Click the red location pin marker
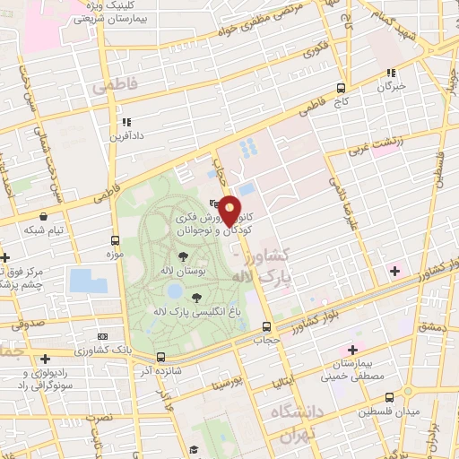[229, 210]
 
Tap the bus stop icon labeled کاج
[340, 88]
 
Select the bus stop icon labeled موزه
[115, 240]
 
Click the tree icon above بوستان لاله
[182, 256]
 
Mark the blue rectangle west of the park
[88, 280]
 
